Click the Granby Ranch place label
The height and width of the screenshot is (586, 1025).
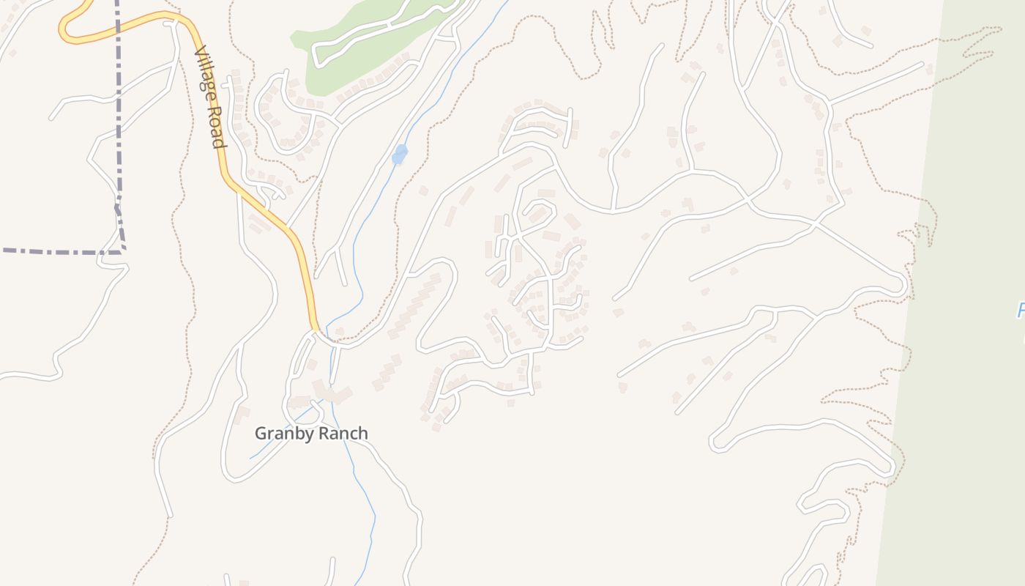pyautogui.click(x=311, y=434)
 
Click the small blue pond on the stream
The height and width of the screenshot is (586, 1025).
pyautogui.click(x=399, y=155)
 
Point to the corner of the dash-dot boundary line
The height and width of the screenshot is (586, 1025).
pyautogui.click(x=122, y=251)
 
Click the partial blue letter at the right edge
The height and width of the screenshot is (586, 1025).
pyautogui.click(x=1021, y=311)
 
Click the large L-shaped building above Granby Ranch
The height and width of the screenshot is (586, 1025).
pyautogui.click(x=329, y=392)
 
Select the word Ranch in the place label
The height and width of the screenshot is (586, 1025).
pyautogui.click(x=343, y=434)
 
